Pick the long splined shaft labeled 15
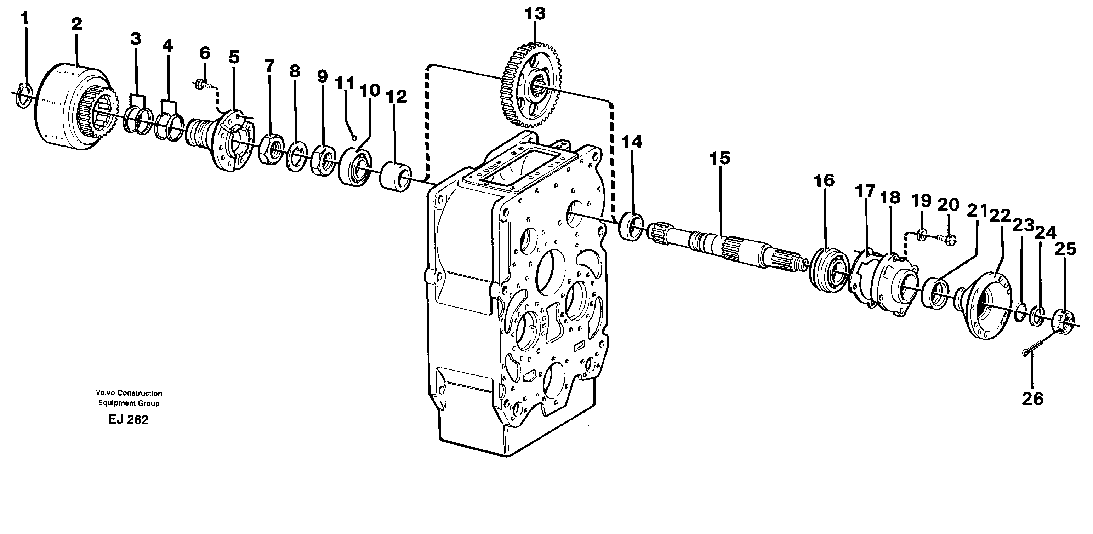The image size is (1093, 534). tap(721, 249)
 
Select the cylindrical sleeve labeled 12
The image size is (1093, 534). tap(395, 176)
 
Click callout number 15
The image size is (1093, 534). tap(720, 158)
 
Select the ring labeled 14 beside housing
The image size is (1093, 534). tap(631, 228)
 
